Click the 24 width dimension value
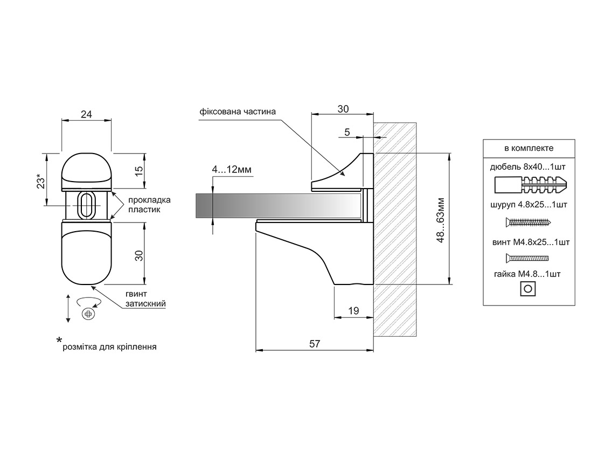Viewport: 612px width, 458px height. point(86,114)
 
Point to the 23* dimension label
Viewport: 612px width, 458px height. point(41,181)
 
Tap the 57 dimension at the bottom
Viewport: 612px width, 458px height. point(315,344)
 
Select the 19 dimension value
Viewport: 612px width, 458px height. point(353,311)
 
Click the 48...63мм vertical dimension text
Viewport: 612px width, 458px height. point(441,220)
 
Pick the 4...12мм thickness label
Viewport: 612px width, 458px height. point(232,169)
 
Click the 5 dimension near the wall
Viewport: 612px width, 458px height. point(347,133)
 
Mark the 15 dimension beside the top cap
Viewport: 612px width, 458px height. point(139,171)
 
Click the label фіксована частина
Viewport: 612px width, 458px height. point(238,112)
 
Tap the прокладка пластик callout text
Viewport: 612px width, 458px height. point(149,205)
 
